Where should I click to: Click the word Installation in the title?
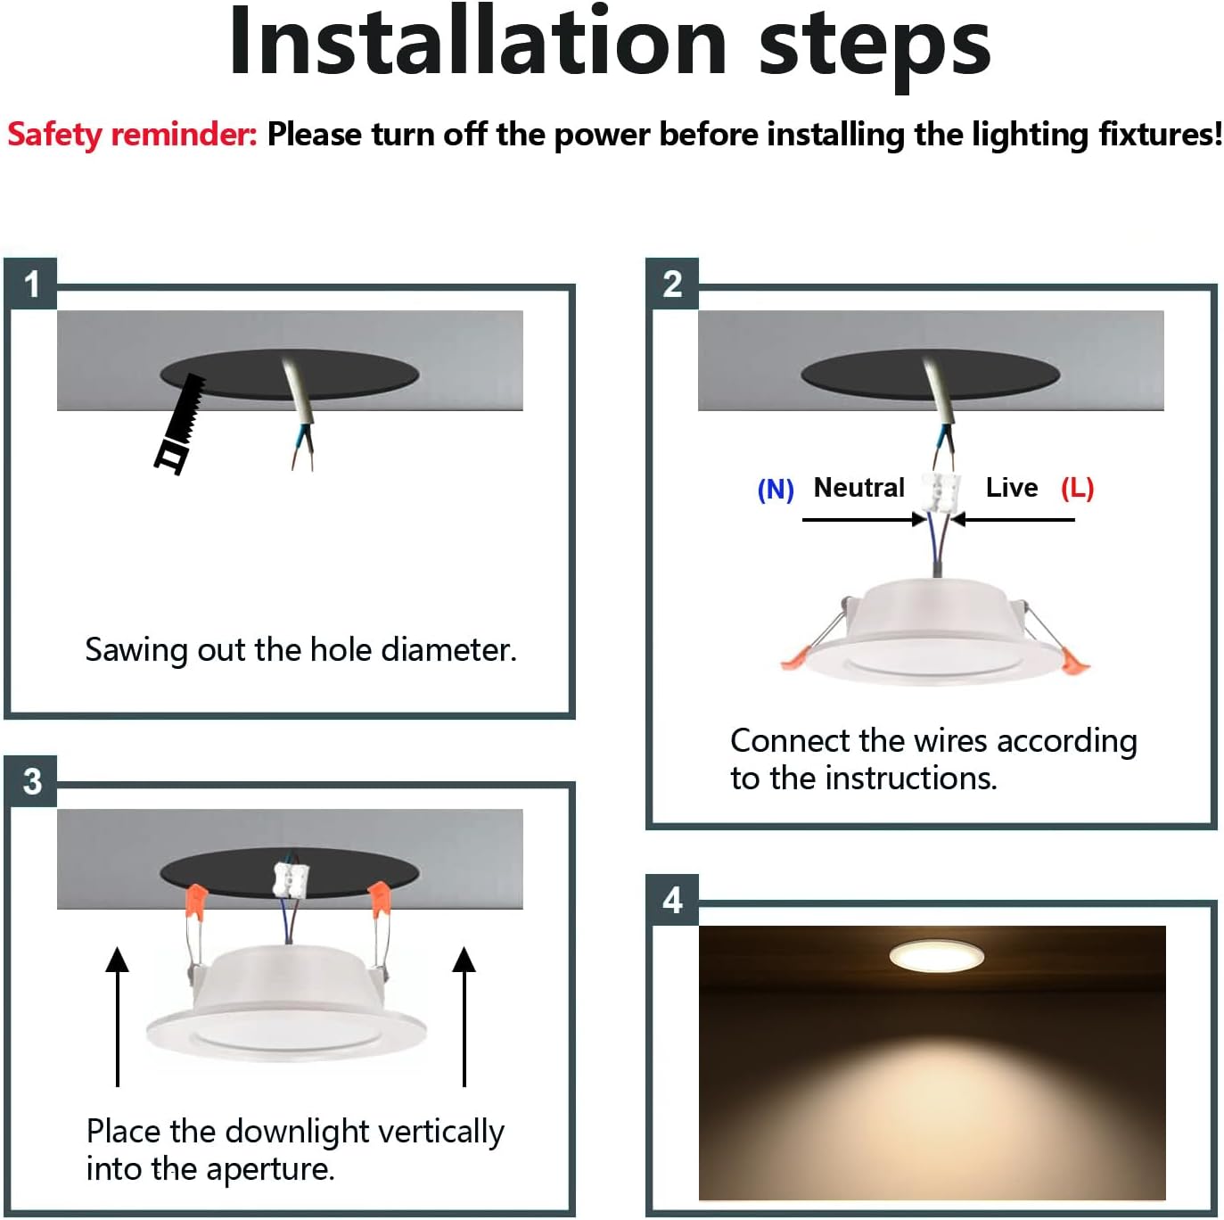(478, 43)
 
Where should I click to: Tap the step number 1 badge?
(31, 284)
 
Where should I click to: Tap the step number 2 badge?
(673, 284)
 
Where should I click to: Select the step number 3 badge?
(31, 781)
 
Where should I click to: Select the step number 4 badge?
(673, 901)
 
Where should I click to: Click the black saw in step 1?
(180, 424)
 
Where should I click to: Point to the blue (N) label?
(776, 490)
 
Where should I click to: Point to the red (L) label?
(1077, 489)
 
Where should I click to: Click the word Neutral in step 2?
(858, 487)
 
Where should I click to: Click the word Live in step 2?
(1012, 487)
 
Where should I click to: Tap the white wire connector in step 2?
(939, 491)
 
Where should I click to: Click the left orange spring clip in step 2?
(797, 658)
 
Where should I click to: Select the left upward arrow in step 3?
(118, 1016)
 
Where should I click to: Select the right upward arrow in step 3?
(464, 1016)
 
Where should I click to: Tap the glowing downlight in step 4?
(936, 955)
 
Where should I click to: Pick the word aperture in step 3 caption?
(270, 1169)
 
